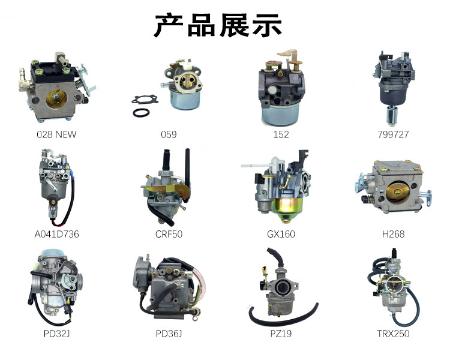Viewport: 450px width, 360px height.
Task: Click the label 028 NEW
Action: click(x=56, y=134)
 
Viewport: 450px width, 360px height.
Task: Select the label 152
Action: click(x=280, y=134)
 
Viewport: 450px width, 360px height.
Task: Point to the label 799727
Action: click(x=393, y=134)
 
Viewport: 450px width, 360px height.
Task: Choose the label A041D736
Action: click(x=56, y=234)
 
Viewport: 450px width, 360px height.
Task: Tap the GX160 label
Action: click(x=280, y=234)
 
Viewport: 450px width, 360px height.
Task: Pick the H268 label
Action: click(x=393, y=234)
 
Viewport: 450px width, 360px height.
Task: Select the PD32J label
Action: click(x=56, y=334)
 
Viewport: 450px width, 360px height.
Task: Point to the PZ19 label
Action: click(x=280, y=334)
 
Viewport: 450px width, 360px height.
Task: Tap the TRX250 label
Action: click(x=393, y=334)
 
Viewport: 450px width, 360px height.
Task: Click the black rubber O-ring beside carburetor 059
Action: click(x=141, y=112)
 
